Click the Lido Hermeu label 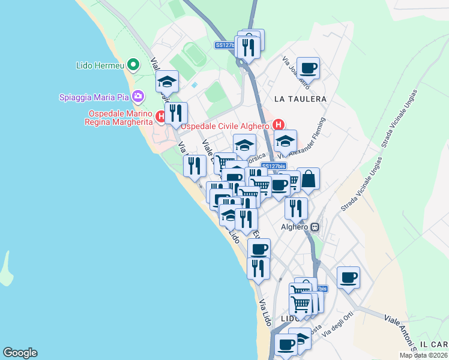tap(101, 65)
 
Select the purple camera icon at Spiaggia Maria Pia tap(139, 96)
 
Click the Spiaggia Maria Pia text tap(95, 97)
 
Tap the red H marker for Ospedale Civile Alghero tap(279, 125)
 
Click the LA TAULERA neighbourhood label tap(300, 98)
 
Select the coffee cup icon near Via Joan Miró tap(308, 68)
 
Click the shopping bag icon tap(309, 178)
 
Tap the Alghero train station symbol tap(315, 227)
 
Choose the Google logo tap(20, 353)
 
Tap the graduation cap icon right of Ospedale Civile tap(285, 142)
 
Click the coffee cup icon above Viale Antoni tap(348, 277)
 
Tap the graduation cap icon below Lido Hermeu tap(167, 82)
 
